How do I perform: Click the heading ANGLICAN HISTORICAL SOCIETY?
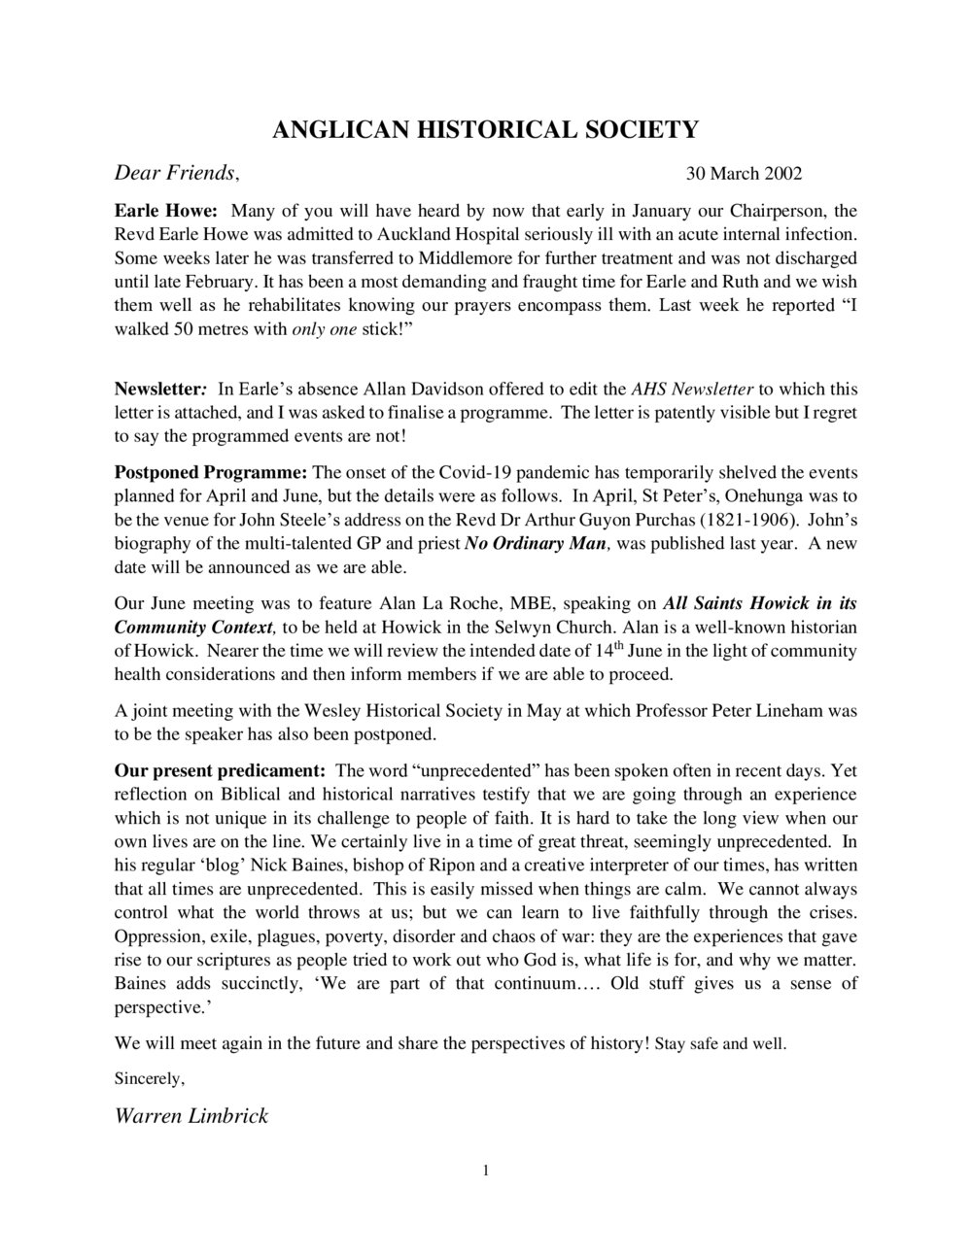click(485, 130)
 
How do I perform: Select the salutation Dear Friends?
click(176, 173)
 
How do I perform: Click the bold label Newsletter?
click(160, 390)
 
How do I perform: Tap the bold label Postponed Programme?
click(211, 473)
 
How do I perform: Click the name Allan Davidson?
click(400, 390)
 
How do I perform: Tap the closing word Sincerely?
click(149, 1078)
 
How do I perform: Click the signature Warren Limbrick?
click(191, 1116)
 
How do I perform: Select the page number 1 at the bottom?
click(486, 1170)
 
